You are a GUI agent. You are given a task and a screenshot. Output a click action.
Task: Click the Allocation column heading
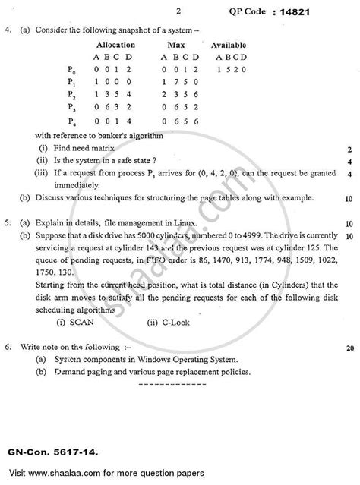coord(111,46)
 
